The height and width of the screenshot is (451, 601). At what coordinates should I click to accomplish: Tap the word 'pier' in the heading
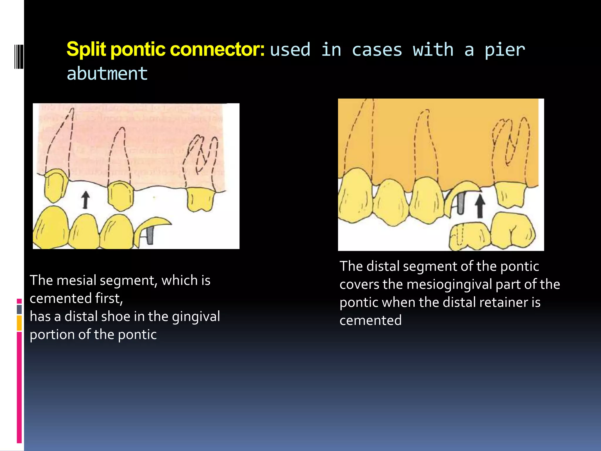pyautogui.click(x=504, y=50)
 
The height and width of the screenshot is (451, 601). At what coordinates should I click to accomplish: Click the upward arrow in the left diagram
pyautogui.click(x=85, y=200)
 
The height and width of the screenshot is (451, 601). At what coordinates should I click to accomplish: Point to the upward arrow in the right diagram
pyautogui.click(x=480, y=207)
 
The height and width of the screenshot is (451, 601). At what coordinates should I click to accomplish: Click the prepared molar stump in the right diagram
pyautogui.click(x=510, y=194)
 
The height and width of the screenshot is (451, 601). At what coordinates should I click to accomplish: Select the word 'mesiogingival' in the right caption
pyautogui.click(x=449, y=285)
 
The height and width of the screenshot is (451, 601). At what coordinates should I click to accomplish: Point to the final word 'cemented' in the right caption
pyautogui.click(x=370, y=320)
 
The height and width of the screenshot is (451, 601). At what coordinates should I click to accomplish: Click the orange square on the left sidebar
pyautogui.click(x=19, y=323)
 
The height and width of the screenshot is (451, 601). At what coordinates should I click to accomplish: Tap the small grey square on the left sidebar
pyautogui.click(x=19, y=309)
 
